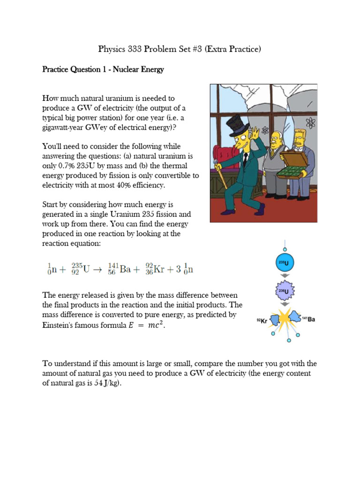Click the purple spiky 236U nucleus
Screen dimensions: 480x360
click(x=284, y=292)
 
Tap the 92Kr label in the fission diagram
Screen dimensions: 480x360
click(x=262, y=321)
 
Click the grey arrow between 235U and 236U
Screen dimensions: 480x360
click(x=284, y=277)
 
